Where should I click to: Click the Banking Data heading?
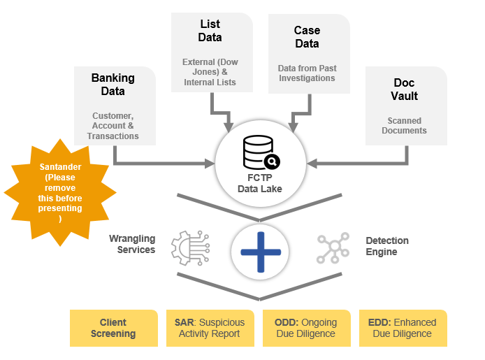tap(113, 84)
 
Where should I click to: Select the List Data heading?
tap(210, 31)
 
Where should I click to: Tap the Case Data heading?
tap(307, 37)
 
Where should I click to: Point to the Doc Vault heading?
tap(405, 89)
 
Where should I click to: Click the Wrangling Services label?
tap(132, 244)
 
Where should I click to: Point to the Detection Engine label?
tap(387, 246)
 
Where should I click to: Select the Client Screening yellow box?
tap(113, 328)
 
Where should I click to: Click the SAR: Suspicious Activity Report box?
tap(210, 328)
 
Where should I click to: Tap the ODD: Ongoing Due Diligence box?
tap(306, 328)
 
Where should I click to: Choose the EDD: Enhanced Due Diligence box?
tap(402, 328)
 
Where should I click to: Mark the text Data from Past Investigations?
tap(307, 73)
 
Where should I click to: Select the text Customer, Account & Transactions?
tap(113, 126)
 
